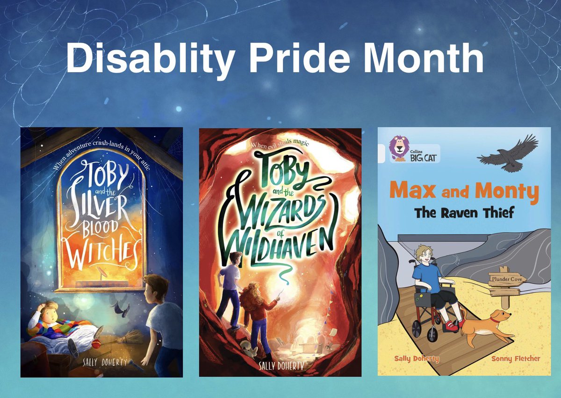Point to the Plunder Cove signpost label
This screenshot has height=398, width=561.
pos(507,280)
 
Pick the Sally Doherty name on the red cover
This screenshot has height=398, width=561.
pos(280,365)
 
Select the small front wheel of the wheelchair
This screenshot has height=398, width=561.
pos(432,335)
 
